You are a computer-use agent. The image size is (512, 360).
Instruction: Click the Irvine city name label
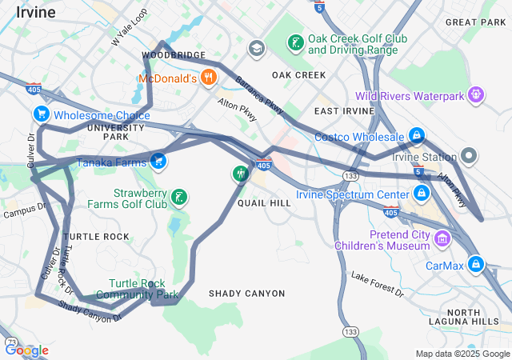coord(35,13)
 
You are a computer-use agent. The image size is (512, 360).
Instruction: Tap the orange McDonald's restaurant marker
coord(209,78)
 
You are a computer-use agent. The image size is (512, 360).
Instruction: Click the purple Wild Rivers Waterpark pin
coord(476,95)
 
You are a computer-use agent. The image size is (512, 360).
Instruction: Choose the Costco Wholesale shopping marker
coord(416,137)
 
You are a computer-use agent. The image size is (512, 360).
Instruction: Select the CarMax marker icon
coord(476,263)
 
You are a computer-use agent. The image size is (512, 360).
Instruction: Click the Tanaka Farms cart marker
coord(158,162)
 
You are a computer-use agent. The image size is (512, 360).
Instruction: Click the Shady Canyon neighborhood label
coord(246,294)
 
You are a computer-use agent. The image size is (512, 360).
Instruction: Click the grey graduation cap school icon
coord(256,49)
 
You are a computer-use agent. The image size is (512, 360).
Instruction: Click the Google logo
coord(26,350)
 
